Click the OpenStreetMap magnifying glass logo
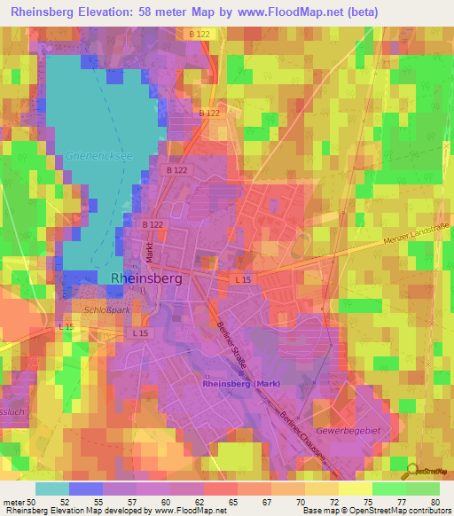(412, 471)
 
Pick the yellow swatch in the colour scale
(356, 489)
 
